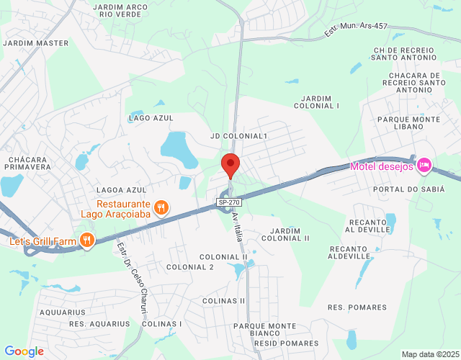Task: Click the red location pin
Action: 230,164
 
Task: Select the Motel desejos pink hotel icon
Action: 424,166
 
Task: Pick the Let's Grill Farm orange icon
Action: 87,240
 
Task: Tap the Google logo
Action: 24,351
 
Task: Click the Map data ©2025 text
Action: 429,354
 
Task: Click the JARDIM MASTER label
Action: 36,43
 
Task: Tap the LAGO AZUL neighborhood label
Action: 151,117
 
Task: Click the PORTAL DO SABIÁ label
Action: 405,189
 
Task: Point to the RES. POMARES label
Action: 357,307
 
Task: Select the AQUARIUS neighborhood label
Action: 63,312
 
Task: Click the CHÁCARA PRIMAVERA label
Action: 29,163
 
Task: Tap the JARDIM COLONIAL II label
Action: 285,234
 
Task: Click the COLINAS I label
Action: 162,324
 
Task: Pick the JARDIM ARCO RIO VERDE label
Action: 121,10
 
